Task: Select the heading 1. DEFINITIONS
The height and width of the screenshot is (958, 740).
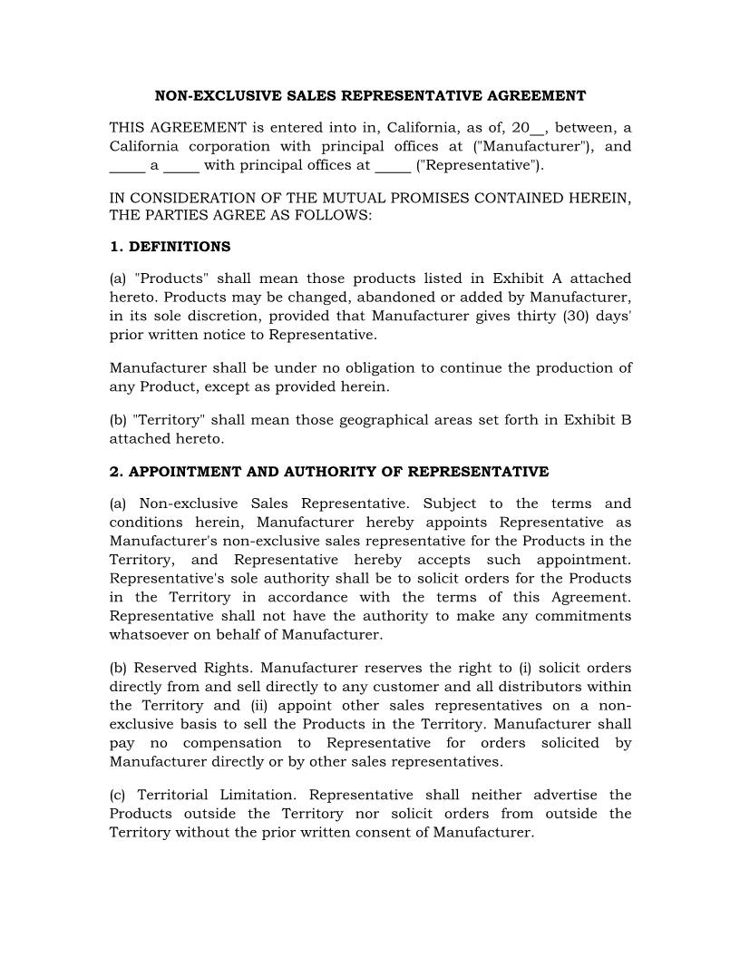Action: click(x=170, y=247)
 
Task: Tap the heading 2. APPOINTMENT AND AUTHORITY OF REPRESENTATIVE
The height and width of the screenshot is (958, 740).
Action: click(x=328, y=472)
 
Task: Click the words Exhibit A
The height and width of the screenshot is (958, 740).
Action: click(x=527, y=279)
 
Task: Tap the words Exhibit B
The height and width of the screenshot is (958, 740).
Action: click(x=598, y=420)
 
